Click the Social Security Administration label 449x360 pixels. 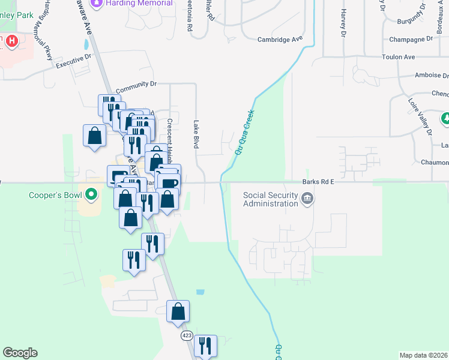(x=270, y=199)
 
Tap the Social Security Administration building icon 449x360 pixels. (x=307, y=199)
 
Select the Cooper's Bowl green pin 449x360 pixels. (x=91, y=194)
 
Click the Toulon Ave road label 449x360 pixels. (x=399, y=57)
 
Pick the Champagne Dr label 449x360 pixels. (x=412, y=38)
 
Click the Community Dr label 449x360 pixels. (x=136, y=85)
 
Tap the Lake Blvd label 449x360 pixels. (x=196, y=134)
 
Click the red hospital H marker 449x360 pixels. (x=11, y=41)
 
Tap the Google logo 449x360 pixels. (x=20, y=353)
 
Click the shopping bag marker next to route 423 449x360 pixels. (x=178, y=312)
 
